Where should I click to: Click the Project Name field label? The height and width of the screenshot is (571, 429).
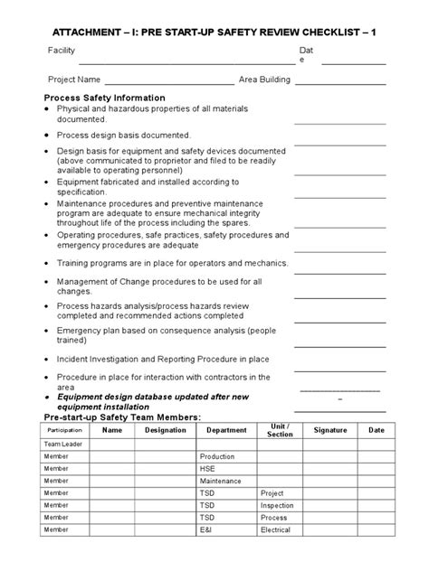click(71, 80)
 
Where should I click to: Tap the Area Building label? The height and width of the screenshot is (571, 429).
click(264, 80)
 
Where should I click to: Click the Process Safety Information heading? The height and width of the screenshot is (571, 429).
click(105, 97)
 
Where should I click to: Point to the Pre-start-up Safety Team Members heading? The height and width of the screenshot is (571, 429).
click(123, 417)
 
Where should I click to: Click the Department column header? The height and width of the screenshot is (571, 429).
click(226, 431)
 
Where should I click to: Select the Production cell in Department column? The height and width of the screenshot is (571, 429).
click(217, 457)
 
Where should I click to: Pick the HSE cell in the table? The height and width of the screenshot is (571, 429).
click(208, 469)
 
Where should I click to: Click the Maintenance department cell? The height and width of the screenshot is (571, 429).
click(221, 482)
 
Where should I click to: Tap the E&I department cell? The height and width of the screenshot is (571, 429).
click(206, 531)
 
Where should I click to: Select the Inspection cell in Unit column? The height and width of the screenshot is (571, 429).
click(278, 506)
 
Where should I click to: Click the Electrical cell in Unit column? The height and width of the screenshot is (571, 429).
click(277, 531)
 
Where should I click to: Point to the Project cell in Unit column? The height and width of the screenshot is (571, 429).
click(272, 494)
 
